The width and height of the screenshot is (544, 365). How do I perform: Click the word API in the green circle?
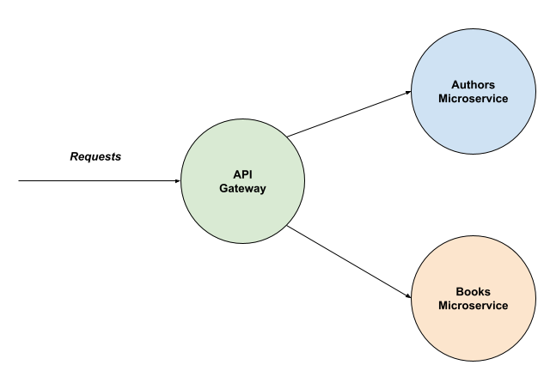tap(242, 174)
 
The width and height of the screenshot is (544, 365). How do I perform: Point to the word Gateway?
tap(242, 189)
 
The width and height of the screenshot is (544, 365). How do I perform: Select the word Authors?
tap(473, 84)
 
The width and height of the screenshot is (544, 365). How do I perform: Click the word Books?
tap(473, 292)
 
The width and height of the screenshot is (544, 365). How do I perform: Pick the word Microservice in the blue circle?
tap(473, 99)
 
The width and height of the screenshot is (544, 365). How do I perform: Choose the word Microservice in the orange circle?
tap(473, 306)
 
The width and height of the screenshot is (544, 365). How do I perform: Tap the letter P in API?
tap(243, 174)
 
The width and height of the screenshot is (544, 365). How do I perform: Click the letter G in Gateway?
tap(223, 189)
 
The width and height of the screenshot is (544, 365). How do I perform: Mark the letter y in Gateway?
tap(262, 190)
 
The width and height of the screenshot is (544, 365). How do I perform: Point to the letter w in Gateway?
tap(244, 189)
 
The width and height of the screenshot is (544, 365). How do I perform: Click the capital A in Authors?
tap(455, 84)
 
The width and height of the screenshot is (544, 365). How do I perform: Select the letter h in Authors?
tap(474, 84)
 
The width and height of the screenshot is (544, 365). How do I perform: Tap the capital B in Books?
tap(460, 292)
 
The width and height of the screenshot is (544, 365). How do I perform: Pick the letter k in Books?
tap(480, 292)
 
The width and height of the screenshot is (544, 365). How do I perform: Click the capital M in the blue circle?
tap(443, 99)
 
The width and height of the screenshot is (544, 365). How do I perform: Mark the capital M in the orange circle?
tap(443, 306)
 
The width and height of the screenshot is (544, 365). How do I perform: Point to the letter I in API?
tap(250, 174)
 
